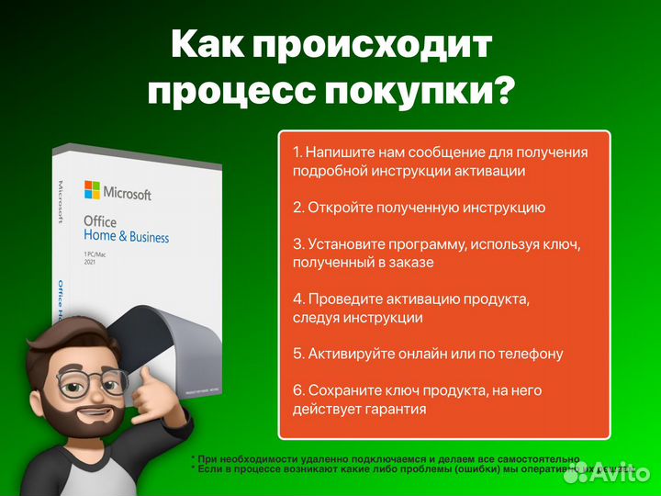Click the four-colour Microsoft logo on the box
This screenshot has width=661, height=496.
point(92,189)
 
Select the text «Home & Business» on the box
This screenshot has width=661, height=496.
point(126,237)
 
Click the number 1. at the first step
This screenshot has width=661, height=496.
point(297,152)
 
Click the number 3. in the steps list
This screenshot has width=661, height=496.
point(297,244)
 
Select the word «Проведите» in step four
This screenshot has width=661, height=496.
point(342,299)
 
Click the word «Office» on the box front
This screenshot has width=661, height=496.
point(100,221)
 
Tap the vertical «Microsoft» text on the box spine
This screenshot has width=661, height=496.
point(62,203)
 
